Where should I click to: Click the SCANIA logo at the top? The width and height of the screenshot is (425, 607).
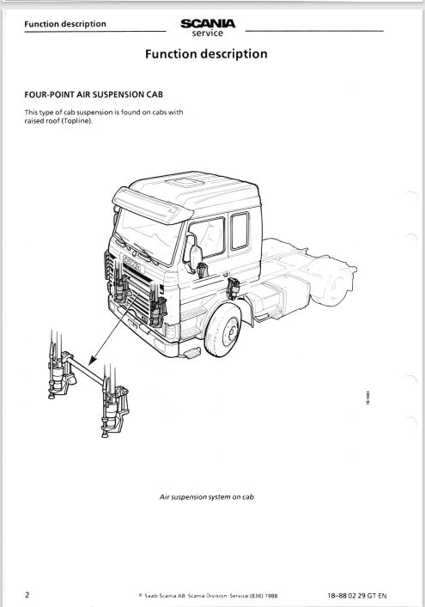coord(208,24)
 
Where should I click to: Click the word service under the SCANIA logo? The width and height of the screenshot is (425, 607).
coord(208,33)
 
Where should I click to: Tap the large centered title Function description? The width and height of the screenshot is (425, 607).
coord(206,54)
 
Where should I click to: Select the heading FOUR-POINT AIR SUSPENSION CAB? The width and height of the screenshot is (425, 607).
coord(94,94)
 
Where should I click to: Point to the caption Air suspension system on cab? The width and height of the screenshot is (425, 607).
coord(207,497)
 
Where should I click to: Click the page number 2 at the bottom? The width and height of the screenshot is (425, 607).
coord(27,595)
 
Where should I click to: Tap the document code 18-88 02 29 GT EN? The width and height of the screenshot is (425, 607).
coord(356,596)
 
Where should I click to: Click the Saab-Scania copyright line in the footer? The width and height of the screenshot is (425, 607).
coord(208,596)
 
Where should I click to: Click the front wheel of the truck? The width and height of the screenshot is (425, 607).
coord(222,331)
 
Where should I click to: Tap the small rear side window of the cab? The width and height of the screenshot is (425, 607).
coord(240,231)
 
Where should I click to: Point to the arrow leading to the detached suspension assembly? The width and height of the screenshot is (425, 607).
coord(113,329)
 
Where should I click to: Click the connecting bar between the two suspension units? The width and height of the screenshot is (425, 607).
coord(86,370)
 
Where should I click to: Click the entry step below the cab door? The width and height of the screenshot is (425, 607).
coord(191,353)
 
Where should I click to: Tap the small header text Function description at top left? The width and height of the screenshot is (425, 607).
coord(65,24)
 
